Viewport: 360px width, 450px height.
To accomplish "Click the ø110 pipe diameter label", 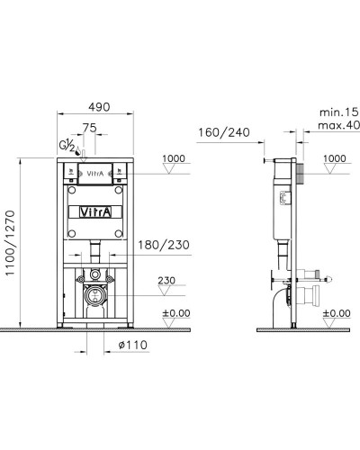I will [x=107, y=346].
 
